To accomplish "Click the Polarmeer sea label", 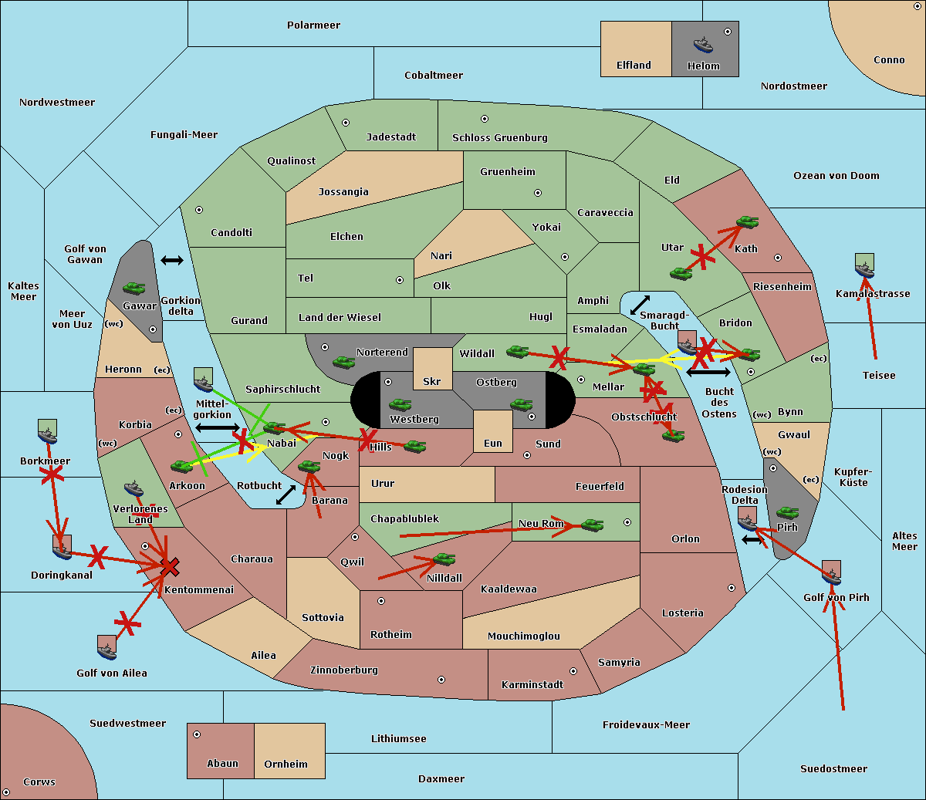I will click(313, 25).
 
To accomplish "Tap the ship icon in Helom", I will click(702, 45).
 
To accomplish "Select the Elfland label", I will click(634, 66).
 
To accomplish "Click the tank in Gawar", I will click(133, 289).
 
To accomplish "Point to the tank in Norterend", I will click(343, 362).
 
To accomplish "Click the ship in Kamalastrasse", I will click(864, 267).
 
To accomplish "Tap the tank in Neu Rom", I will click(592, 525).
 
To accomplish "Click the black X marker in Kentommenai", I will click(170, 568).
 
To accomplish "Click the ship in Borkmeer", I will click(48, 433).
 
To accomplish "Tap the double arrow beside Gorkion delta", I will click(172, 261).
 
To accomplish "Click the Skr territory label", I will click(432, 381).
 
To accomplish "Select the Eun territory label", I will click(493, 444).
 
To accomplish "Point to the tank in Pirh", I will click(787, 512).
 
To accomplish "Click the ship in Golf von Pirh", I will click(831, 573).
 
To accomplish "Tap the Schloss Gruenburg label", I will click(499, 138).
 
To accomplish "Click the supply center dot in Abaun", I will click(197, 734).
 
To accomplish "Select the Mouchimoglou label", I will click(524, 636).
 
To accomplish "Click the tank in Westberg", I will click(400, 404).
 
